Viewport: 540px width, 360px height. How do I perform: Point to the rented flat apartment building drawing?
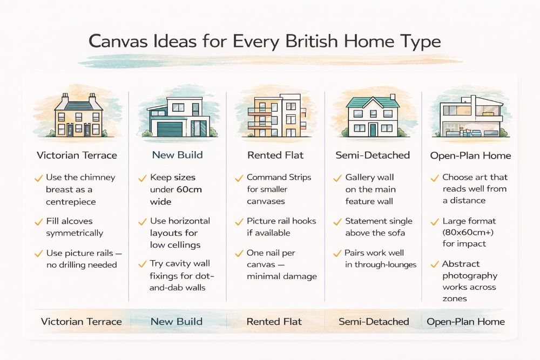click(x=274, y=115)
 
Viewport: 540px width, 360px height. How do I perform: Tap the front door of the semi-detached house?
click(x=372, y=129)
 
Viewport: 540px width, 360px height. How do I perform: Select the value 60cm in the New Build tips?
click(x=191, y=189)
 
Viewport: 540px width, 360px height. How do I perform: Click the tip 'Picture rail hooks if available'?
click(x=281, y=227)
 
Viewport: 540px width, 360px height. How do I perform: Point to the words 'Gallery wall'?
click(x=370, y=178)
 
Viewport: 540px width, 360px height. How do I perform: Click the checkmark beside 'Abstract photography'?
click(x=434, y=264)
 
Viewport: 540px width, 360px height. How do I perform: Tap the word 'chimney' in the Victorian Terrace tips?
click(x=98, y=178)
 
